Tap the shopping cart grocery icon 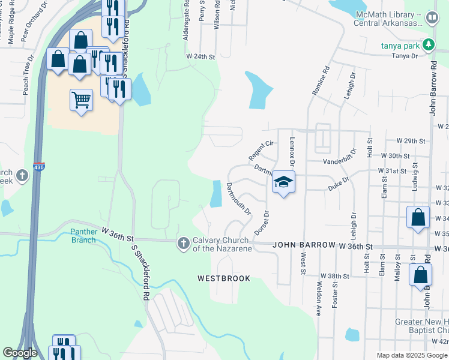(x=81, y=99)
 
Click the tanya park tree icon (x=428, y=44)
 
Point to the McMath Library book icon (x=432, y=19)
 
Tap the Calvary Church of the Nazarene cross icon (x=183, y=243)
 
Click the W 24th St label (x=200, y=56)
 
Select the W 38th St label (x=334, y=276)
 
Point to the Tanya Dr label (x=405, y=56)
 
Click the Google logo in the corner (x=20, y=353)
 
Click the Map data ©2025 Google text (x=411, y=355)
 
